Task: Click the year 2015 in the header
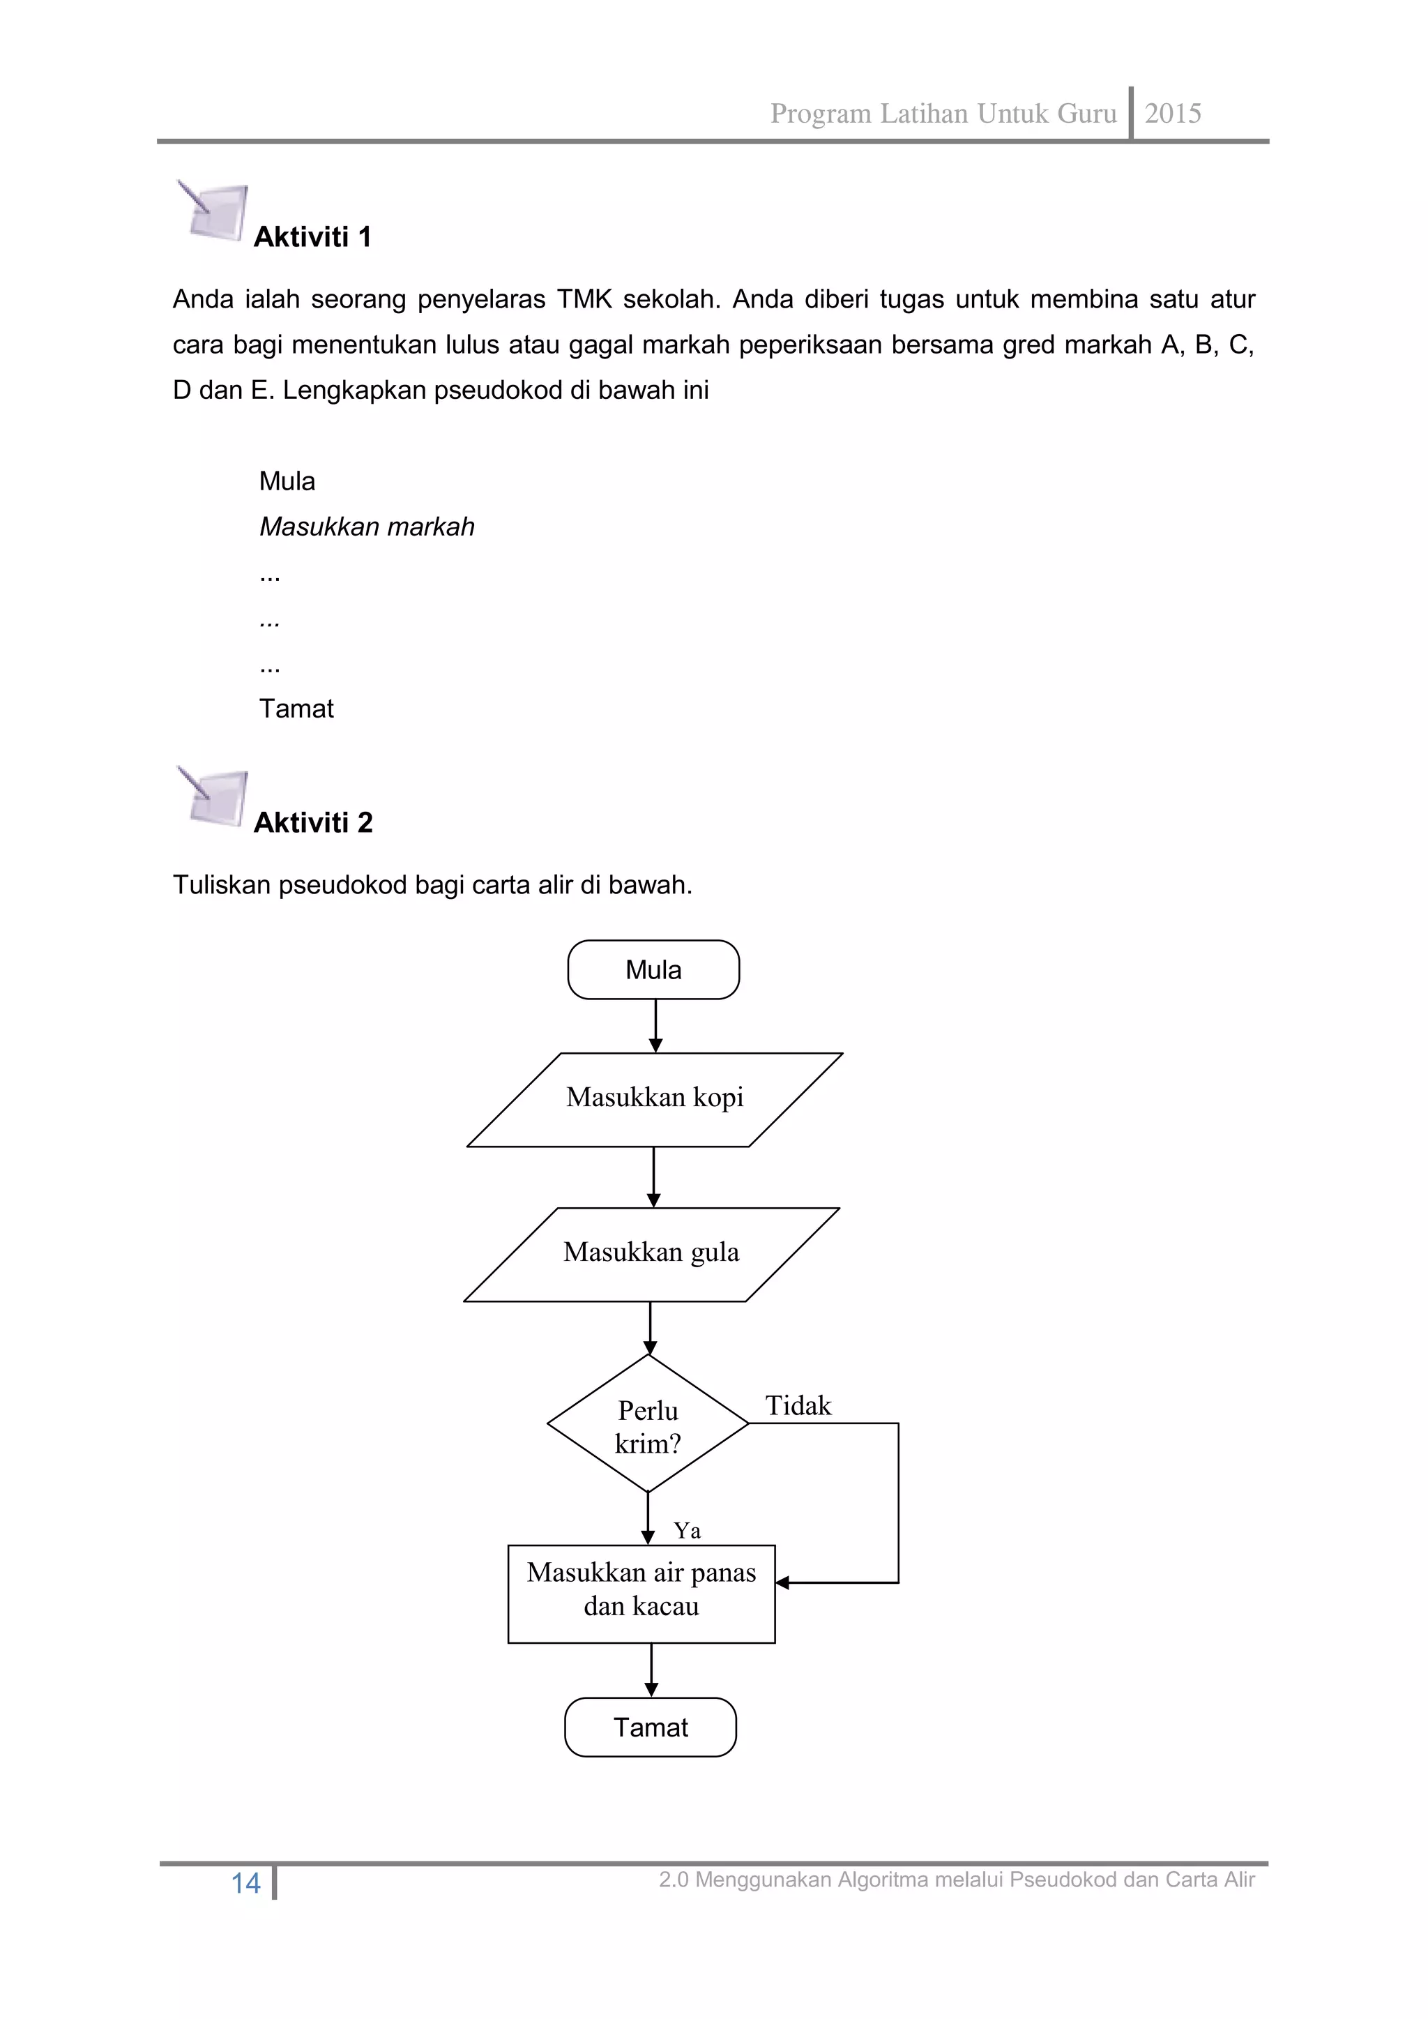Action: point(1172,114)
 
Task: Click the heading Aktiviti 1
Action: point(312,237)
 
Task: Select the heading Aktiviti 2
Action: point(313,823)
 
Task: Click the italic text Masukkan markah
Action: point(367,527)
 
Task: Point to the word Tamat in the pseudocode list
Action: point(296,709)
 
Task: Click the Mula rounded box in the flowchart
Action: point(653,970)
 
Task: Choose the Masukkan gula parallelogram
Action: point(651,1253)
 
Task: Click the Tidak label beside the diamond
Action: point(798,1406)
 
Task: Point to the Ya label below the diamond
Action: point(687,1531)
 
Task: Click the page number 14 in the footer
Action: point(245,1884)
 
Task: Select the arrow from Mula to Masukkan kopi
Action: point(655,1025)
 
